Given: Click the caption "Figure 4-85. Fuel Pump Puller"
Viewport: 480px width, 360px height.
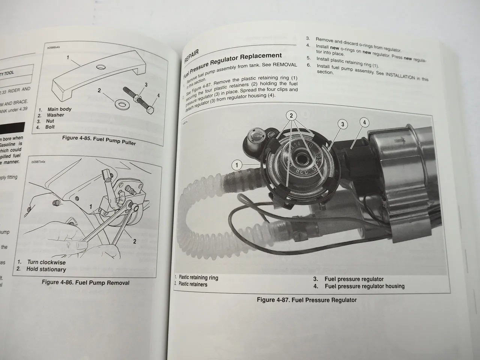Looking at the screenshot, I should (x=99, y=140).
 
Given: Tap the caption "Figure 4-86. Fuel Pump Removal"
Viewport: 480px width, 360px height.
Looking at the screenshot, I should (x=85, y=282).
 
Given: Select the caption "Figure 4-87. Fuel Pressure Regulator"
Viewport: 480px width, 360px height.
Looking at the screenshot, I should (x=306, y=300).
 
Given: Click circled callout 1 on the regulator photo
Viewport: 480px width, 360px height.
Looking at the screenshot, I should (x=237, y=165).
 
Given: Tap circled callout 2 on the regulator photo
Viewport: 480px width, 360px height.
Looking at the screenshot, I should (x=291, y=115).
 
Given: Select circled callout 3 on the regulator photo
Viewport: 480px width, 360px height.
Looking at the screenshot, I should (x=342, y=124).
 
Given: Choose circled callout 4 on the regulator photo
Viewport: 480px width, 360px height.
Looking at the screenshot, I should (x=364, y=122).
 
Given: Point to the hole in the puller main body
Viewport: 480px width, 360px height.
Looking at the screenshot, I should (x=100, y=67).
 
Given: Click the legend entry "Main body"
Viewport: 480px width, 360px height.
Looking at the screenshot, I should (x=59, y=109).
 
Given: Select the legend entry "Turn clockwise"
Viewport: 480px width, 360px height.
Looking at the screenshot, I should (x=46, y=262).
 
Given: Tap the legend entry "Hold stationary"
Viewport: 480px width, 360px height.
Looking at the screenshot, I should (x=46, y=269).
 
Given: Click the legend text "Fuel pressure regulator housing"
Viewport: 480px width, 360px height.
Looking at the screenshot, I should (x=364, y=286).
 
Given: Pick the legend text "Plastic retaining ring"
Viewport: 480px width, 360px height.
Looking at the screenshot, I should (x=198, y=277).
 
